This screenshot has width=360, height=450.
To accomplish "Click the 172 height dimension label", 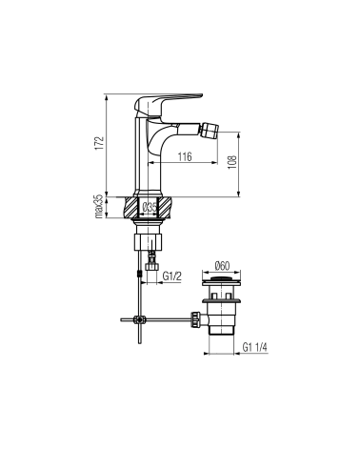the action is pyautogui.click(x=100, y=143).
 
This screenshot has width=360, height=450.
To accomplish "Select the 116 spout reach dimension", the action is pyautogui.click(x=185, y=156).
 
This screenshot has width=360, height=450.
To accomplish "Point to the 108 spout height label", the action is pyautogui.click(x=232, y=162).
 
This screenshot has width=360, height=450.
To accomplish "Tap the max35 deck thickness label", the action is pyautogui.click(x=99, y=207).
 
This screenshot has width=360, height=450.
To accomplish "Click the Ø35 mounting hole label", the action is pyautogui.click(x=150, y=207).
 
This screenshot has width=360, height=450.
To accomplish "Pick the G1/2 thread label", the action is pyautogui.click(x=172, y=276).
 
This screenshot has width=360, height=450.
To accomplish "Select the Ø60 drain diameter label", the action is pyautogui.click(x=222, y=266).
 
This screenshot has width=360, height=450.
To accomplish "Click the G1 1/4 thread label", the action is pyautogui.click(x=255, y=347).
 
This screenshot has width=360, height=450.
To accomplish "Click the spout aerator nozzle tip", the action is pyautogui.click(x=211, y=128).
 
